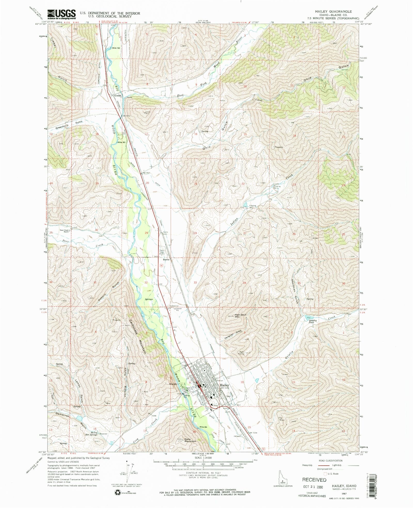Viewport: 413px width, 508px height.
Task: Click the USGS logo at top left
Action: [61, 14]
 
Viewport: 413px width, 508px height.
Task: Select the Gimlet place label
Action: [118, 95]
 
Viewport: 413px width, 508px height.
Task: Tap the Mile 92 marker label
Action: [116, 48]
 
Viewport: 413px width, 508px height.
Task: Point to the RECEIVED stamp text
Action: [314, 480]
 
